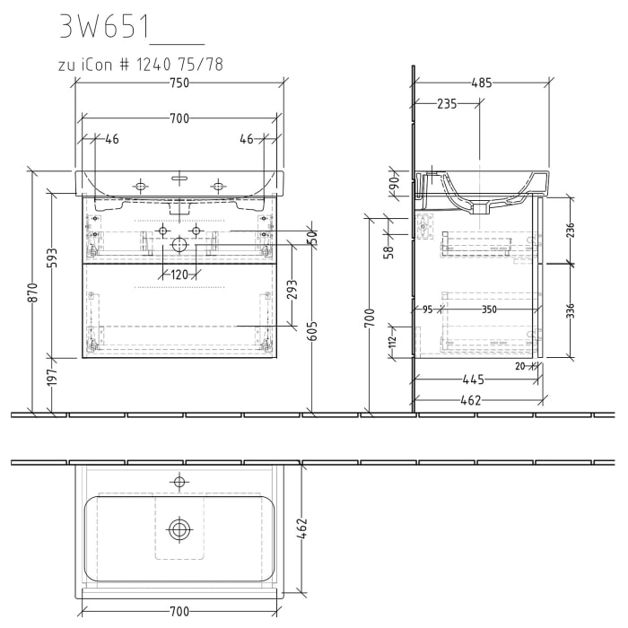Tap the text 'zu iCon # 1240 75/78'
(x=138, y=65)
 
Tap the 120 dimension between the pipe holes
(x=179, y=275)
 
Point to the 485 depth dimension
(x=481, y=83)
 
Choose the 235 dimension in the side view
(x=446, y=104)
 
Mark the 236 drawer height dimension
(x=571, y=230)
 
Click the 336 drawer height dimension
(x=571, y=310)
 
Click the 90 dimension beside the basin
(x=393, y=185)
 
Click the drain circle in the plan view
(x=179, y=528)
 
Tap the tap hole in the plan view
(x=179, y=483)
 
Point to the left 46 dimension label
(x=112, y=139)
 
